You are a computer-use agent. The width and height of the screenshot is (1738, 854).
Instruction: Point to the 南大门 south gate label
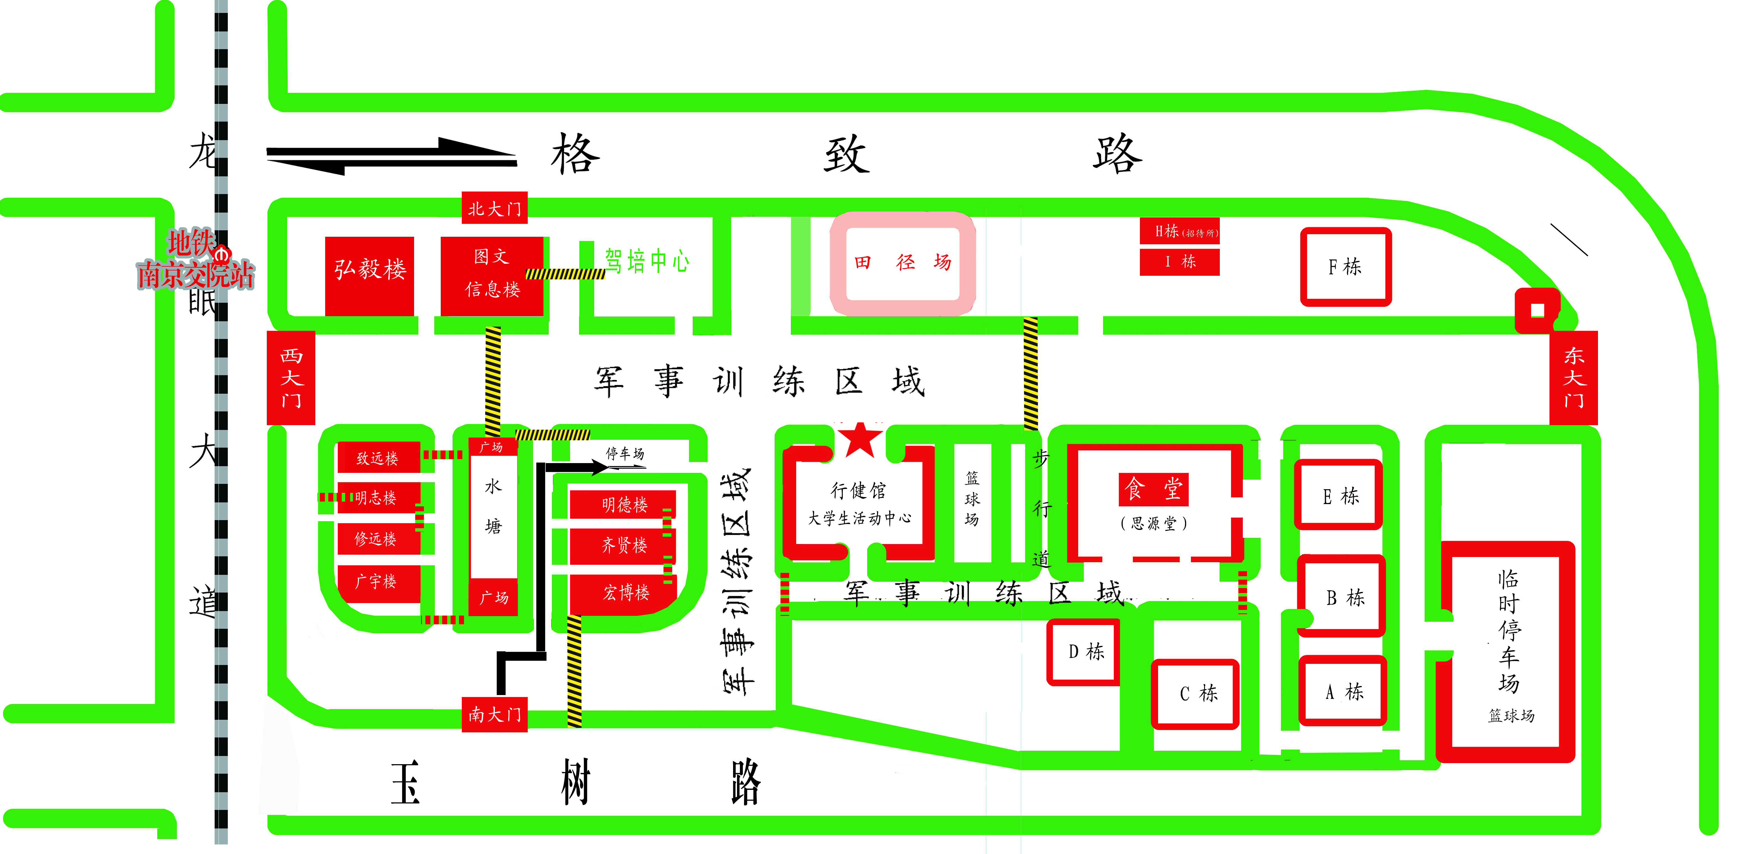point(495,714)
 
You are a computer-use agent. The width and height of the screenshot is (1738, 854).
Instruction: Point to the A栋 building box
point(1343,691)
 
